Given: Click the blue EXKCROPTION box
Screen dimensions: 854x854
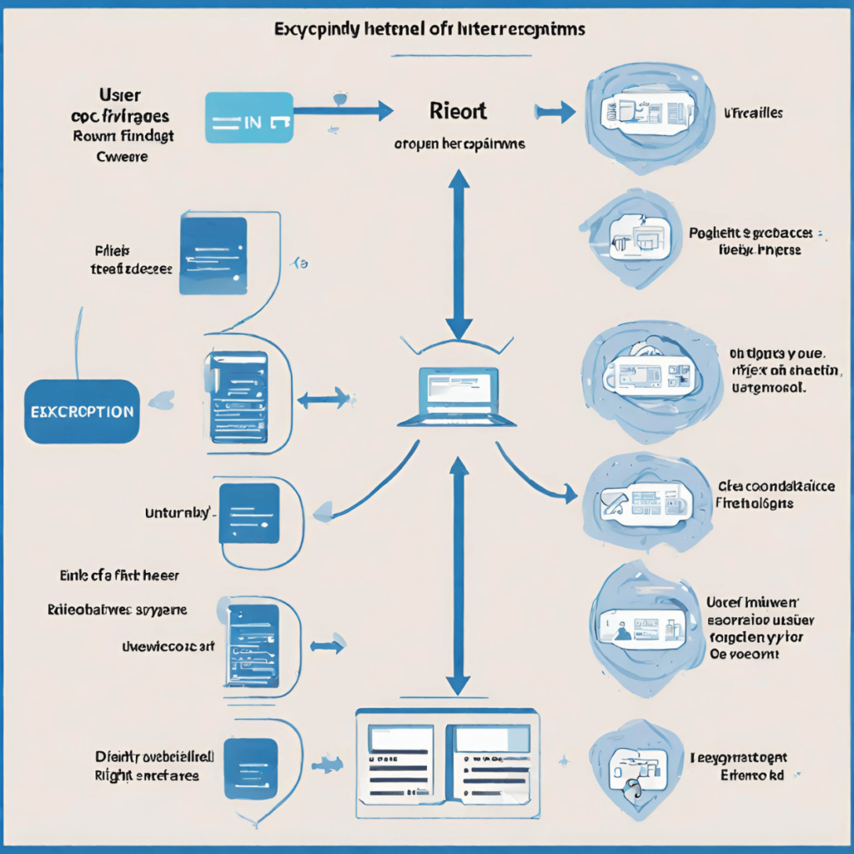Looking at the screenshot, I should point(82,411).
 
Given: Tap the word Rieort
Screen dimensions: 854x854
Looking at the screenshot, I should point(458,110).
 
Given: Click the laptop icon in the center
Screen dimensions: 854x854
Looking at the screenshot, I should point(456,395).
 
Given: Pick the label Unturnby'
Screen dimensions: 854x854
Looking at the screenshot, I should point(180,514).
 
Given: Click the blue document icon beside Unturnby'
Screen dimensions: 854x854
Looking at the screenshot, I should point(249,513).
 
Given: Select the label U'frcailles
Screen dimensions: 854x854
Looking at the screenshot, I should point(752,113).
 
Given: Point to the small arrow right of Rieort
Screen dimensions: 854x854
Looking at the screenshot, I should point(554,111).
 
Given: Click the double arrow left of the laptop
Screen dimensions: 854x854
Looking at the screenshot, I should point(322,399).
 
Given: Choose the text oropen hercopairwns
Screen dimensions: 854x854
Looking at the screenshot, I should point(460,143).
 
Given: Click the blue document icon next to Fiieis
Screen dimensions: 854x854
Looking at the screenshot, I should point(213,255).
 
